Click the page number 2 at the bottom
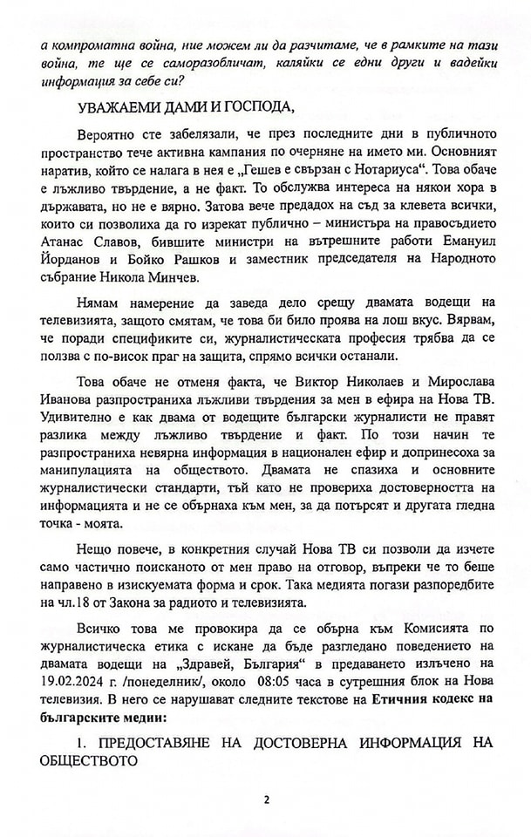(266, 799)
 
